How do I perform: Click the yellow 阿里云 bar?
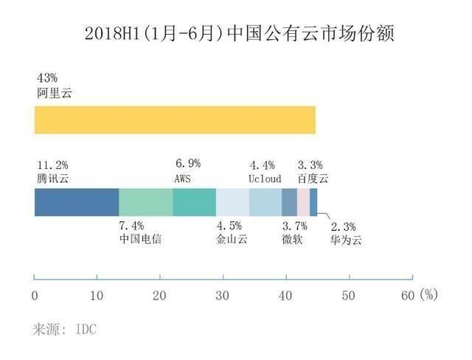click(x=175, y=120)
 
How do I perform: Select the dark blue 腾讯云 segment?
click(x=77, y=201)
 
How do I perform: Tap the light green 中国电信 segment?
click(x=145, y=201)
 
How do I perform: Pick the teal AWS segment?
click(x=194, y=201)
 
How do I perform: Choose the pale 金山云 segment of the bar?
click(x=232, y=201)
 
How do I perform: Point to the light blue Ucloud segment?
click(x=265, y=201)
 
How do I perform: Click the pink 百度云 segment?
click(x=303, y=201)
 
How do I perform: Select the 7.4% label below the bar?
click(x=131, y=225)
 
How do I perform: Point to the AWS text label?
click(x=184, y=179)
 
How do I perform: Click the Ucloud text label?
click(x=265, y=179)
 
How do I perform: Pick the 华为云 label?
click(x=346, y=240)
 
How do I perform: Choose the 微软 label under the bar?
click(x=291, y=240)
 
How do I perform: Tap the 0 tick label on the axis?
click(x=35, y=295)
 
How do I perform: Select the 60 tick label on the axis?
click(x=406, y=295)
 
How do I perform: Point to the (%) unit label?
click(x=428, y=294)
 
